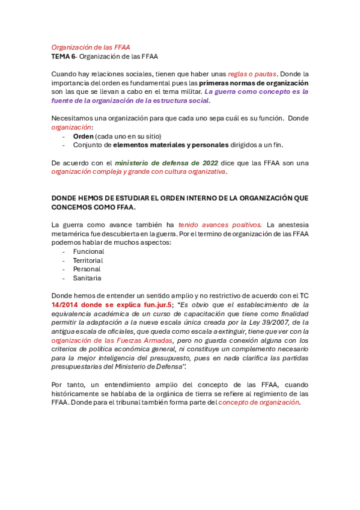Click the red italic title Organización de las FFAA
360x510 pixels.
(x=90, y=47)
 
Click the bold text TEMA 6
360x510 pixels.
(x=63, y=57)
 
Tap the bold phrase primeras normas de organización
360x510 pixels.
(x=254, y=83)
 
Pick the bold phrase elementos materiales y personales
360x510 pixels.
(x=168, y=145)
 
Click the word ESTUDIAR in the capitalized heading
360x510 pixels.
(x=120, y=198)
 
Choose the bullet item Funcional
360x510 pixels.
(x=88, y=251)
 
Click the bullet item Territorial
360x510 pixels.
(x=88, y=260)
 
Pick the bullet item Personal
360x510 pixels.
(x=87, y=269)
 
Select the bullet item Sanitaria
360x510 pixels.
(x=87, y=278)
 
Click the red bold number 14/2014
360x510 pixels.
(x=66, y=305)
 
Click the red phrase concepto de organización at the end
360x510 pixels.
(x=258, y=402)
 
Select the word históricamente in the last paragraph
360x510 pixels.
(x=76, y=393)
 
